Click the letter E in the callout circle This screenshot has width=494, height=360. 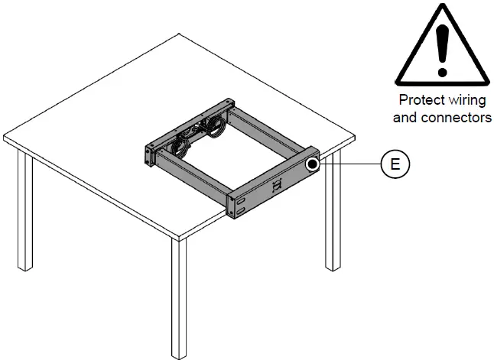pos(395,165)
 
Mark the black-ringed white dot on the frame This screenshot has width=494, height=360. pos(312,164)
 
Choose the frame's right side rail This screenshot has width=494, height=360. pos(271,134)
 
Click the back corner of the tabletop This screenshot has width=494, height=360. pos(178,34)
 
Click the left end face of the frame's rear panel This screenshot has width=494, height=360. pos(148,153)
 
